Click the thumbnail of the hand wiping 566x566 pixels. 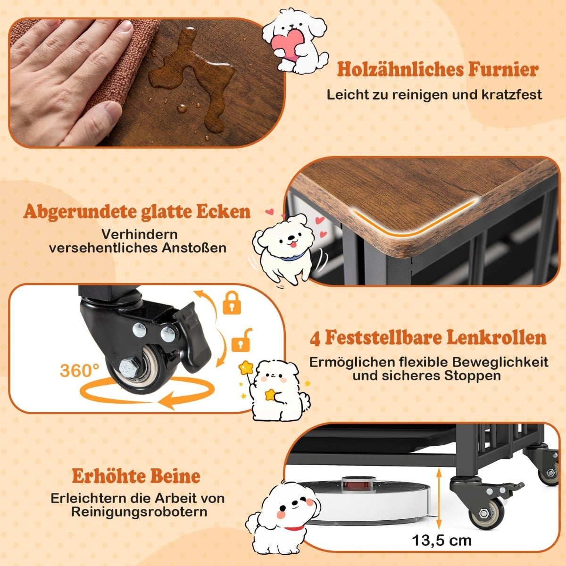coord(147,83)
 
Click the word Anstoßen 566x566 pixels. coord(194,248)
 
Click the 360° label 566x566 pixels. coord(80,370)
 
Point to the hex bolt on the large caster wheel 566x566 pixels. coord(129,367)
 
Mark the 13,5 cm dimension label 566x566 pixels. coord(442,541)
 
